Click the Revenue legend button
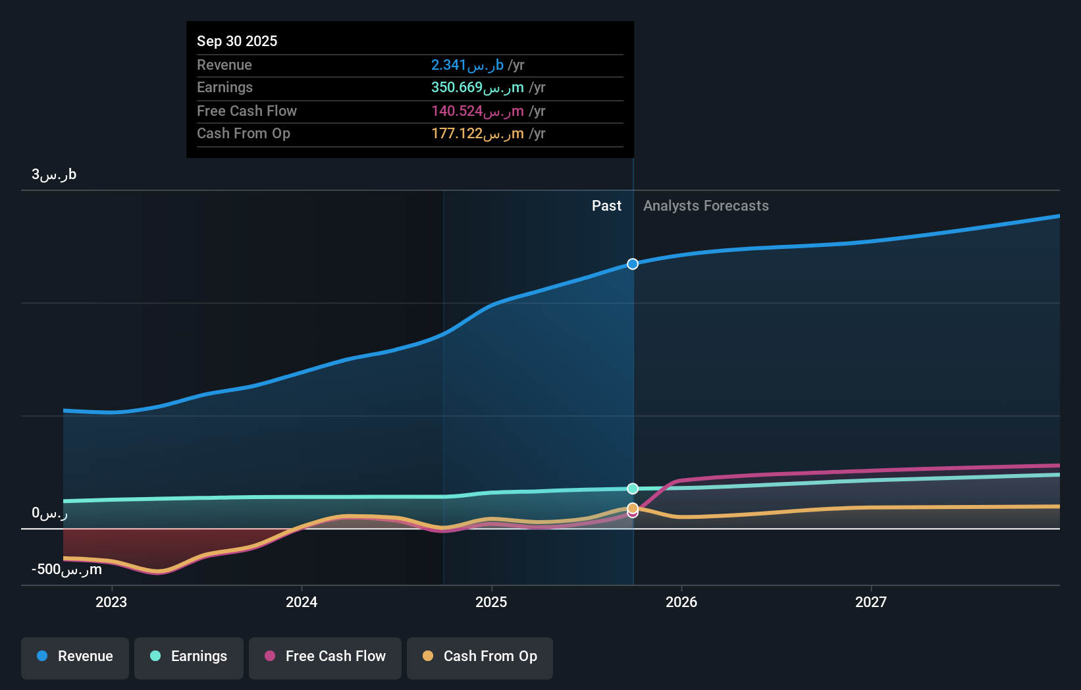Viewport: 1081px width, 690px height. click(x=75, y=657)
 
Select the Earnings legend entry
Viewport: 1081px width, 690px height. click(x=189, y=657)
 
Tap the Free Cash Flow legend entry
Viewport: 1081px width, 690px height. click(x=325, y=657)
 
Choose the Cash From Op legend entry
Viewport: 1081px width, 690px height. click(x=480, y=657)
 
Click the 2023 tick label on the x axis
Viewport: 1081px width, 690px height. click(x=111, y=602)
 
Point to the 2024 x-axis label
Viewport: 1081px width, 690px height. click(x=302, y=602)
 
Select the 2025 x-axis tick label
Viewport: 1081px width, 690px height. click(x=491, y=602)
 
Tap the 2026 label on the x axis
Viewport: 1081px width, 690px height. click(x=681, y=602)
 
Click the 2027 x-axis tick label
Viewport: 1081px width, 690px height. click(x=871, y=602)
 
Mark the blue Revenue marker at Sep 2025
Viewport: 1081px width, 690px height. click(x=633, y=264)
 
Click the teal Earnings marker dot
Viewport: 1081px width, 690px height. click(x=633, y=489)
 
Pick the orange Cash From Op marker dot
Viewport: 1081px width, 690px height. click(x=633, y=508)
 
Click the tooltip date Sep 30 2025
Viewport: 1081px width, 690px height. click(x=237, y=41)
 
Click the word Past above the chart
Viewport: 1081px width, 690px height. click(x=606, y=206)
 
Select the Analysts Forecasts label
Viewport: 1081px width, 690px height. click(x=706, y=206)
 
